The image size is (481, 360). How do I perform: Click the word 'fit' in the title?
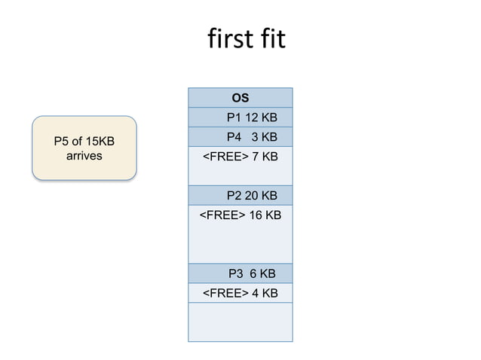(x=271, y=38)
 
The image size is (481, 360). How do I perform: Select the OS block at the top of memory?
(x=240, y=98)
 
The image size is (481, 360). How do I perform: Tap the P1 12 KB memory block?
(x=240, y=117)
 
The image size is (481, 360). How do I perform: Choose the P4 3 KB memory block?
(x=240, y=137)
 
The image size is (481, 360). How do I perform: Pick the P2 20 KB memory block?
(x=240, y=196)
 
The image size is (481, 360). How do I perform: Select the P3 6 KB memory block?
(x=240, y=273)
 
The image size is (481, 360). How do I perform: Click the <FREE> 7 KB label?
(x=240, y=157)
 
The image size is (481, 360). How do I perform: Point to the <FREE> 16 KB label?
(x=240, y=215)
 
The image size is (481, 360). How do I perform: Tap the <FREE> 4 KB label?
(x=240, y=293)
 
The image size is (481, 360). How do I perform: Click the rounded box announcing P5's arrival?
(x=84, y=148)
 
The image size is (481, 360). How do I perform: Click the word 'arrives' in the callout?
(x=84, y=156)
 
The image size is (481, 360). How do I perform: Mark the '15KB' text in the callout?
(x=100, y=142)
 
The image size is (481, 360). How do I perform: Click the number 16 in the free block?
(x=256, y=215)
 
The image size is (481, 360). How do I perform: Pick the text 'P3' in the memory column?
(x=236, y=273)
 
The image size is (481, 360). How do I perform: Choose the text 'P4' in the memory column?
(x=234, y=137)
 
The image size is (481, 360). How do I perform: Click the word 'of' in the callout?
(x=78, y=142)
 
